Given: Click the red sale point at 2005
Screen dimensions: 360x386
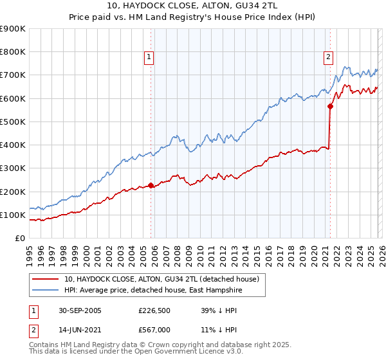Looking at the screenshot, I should coord(151,186).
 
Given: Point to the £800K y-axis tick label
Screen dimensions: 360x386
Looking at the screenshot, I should coord(13,52).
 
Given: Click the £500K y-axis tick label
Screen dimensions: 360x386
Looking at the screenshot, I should coord(13,122).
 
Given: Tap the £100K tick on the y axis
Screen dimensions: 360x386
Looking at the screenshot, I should coord(13,215).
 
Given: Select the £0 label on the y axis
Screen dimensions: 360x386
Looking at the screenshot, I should coord(19,238).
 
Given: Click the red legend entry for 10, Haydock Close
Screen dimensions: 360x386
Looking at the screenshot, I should coord(161,279).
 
